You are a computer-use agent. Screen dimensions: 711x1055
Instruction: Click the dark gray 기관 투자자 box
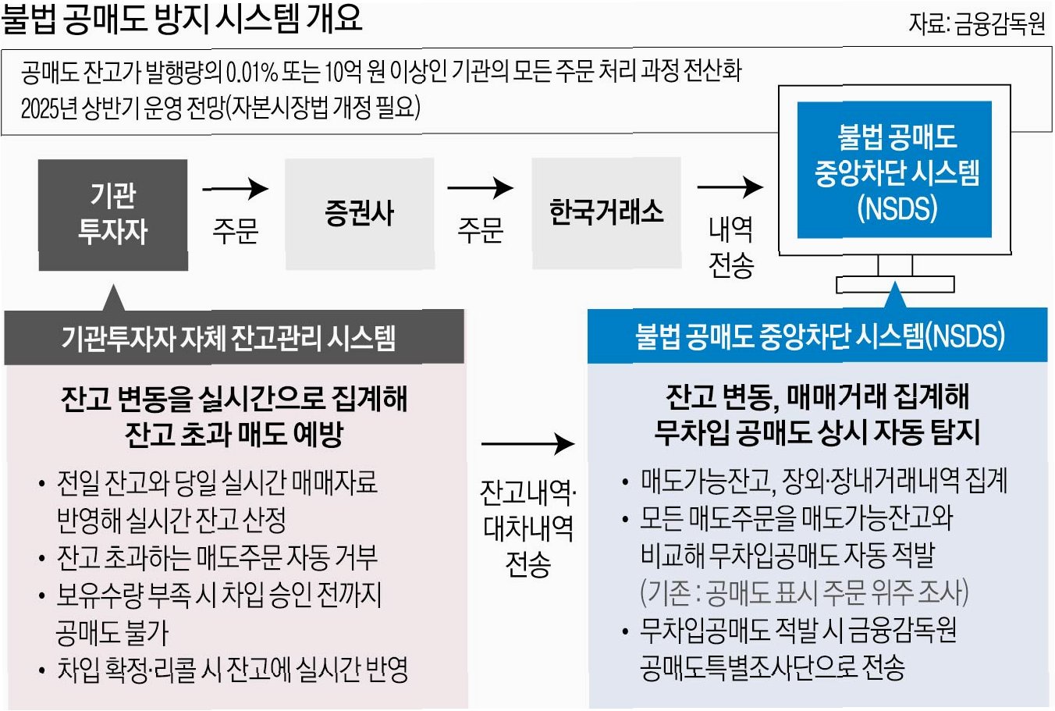tap(113, 215)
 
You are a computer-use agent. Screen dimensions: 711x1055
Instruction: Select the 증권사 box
tap(359, 214)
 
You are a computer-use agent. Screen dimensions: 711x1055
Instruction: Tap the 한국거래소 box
tap(606, 212)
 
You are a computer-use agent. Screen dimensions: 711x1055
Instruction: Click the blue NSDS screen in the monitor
tap(894, 170)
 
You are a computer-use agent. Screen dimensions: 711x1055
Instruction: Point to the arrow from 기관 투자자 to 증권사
tap(235, 189)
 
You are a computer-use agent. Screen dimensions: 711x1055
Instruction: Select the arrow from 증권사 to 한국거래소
tap(480, 188)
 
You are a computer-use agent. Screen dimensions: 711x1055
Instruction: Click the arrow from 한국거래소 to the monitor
tap(730, 187)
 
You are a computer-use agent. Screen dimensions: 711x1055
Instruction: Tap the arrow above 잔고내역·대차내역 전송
tap(527, 444)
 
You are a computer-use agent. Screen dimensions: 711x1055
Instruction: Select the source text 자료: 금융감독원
tap(976, 24)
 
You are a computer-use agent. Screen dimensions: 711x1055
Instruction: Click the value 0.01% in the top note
tap(251, 73)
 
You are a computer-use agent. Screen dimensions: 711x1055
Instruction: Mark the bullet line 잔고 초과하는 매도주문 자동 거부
tap(217, 557)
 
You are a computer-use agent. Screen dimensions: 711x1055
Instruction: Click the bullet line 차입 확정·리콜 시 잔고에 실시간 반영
tap(232, 670)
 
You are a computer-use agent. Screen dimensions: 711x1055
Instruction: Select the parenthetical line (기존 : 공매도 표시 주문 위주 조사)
tap(804, 592)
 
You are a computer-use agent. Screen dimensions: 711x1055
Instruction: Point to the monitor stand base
tap(895, 285)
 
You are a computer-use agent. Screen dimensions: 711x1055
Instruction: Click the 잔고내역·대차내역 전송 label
tap(528, 528)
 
